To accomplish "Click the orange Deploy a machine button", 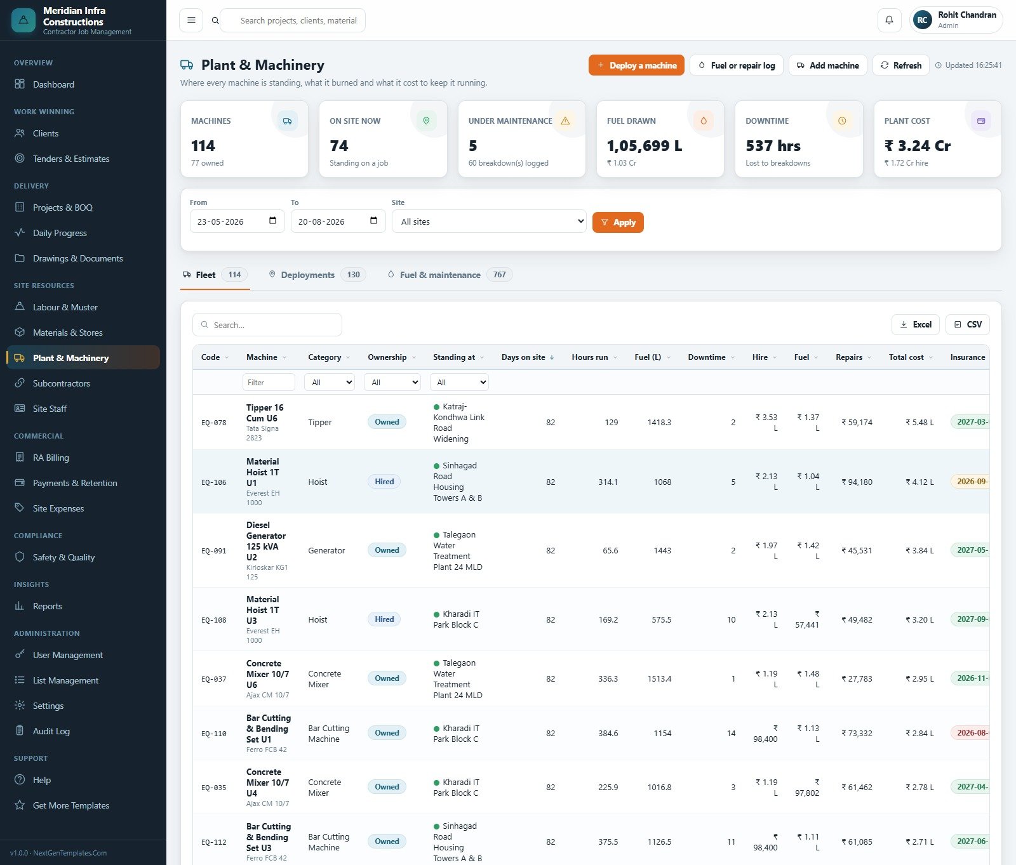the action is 636,65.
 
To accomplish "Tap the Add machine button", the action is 827,65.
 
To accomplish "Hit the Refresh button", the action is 900,65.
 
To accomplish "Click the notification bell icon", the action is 889,20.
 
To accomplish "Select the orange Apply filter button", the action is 618,222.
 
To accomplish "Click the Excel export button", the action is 916,324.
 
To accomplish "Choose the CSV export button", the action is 968,324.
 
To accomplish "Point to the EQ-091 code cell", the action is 214,551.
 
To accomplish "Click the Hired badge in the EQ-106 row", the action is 384,482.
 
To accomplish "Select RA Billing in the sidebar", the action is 51,458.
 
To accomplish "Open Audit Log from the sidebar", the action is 51,731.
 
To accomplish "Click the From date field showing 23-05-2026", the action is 237,221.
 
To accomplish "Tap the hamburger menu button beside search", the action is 191,20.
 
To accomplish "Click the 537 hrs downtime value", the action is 773,146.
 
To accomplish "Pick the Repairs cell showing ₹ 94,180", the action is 857,482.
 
